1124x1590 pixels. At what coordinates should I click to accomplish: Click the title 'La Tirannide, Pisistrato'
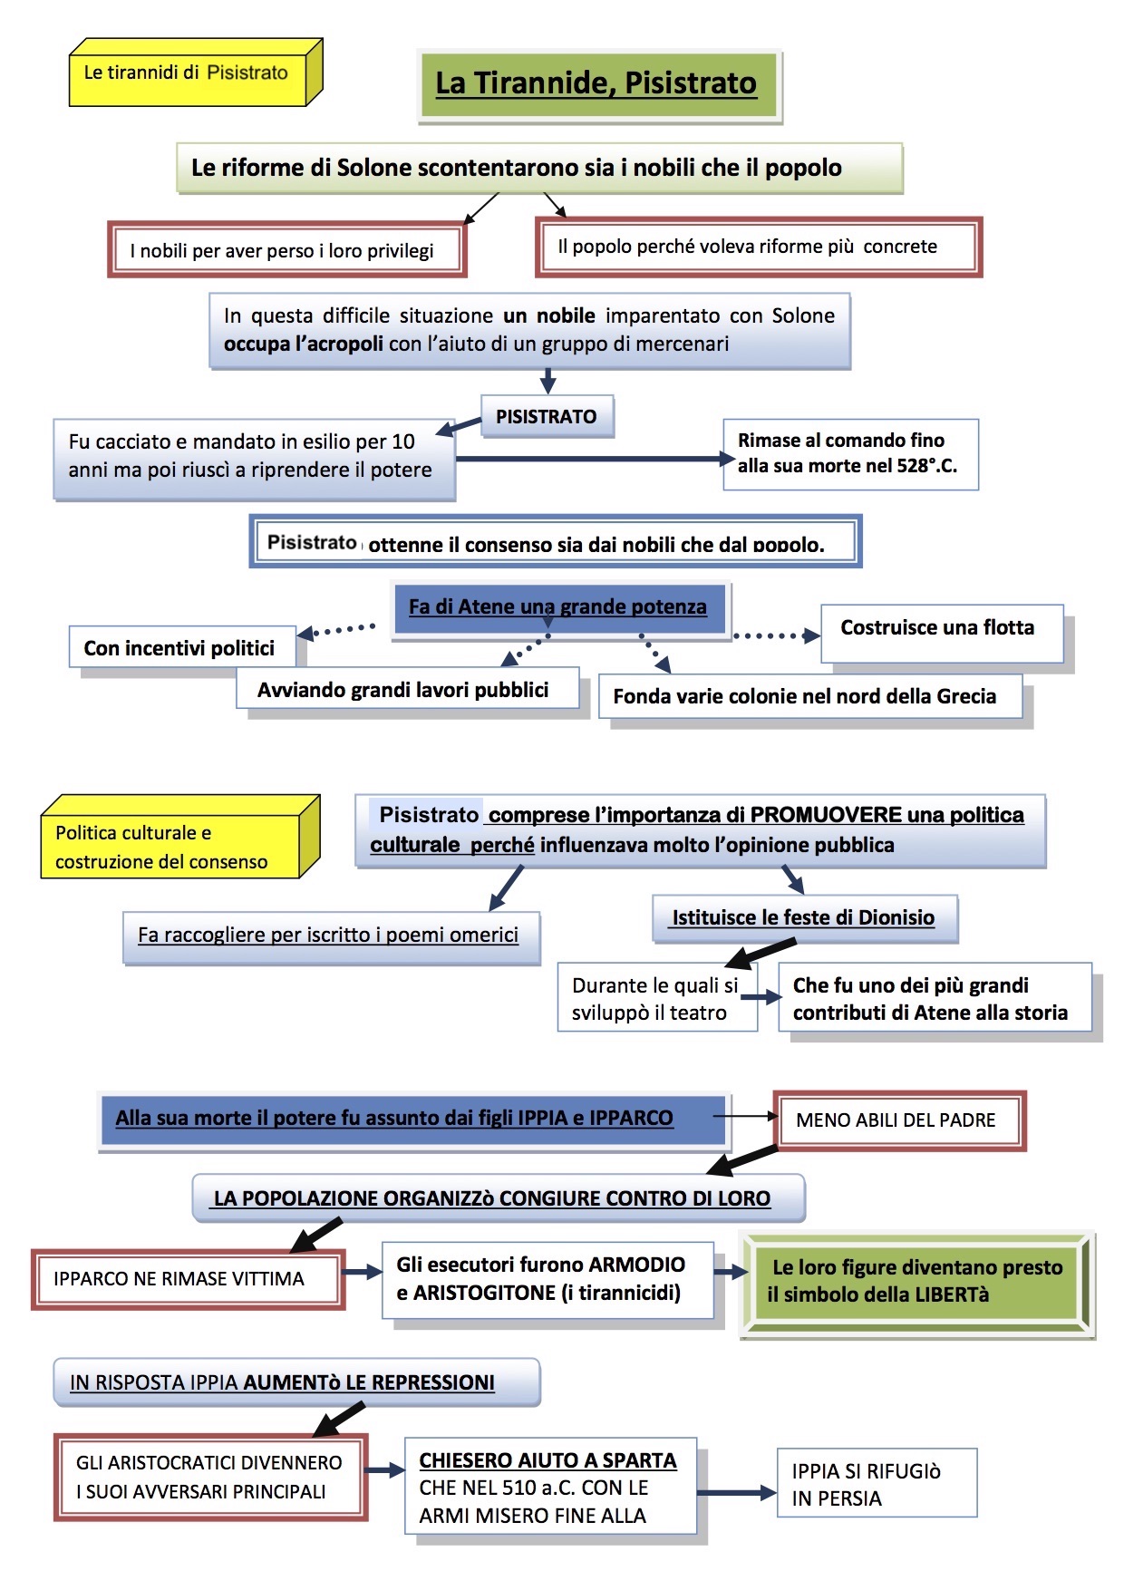[x=596, y=83]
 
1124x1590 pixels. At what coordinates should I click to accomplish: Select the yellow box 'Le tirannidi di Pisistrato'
[x=186, y=73]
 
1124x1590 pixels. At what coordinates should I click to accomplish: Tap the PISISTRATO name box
[x=546, y=417]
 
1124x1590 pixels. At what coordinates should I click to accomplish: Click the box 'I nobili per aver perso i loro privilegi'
[x=282, y=251]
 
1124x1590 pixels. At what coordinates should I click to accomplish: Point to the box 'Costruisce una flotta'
[x=937, y=628]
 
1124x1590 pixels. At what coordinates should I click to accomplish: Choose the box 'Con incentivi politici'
[x=179, y=648]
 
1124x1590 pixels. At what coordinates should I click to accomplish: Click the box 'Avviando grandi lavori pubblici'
[x=403, y=690]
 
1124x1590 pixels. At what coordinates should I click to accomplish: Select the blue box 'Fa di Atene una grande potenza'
[x=557, y=607]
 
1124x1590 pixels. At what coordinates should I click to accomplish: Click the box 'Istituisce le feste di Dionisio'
[x=803, y=917]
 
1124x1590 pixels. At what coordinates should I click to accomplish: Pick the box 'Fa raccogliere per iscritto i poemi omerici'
[x=328, y=936]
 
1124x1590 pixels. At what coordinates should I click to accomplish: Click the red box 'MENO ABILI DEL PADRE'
[x=896, y=1120]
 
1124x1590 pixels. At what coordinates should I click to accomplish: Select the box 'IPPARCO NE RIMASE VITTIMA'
[x=179, y=1279]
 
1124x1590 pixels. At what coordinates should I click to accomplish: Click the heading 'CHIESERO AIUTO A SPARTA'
[x=547, y=1460]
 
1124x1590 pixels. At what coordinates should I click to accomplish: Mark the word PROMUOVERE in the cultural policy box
[x=826, y=815]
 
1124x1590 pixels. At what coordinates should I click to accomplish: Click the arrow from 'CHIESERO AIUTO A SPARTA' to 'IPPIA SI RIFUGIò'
[x=737, y=1492]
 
